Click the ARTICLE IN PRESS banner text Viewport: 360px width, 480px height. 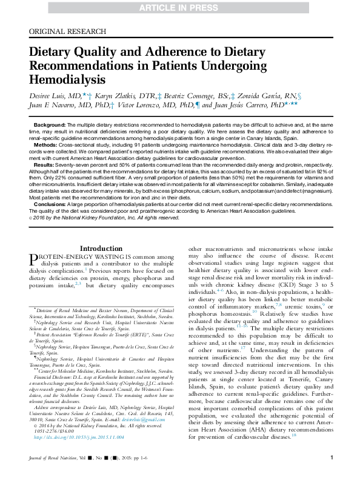click(180, 7)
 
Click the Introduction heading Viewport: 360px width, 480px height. click(101, 248)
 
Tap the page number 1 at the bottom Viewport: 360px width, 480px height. click(331, 464)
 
